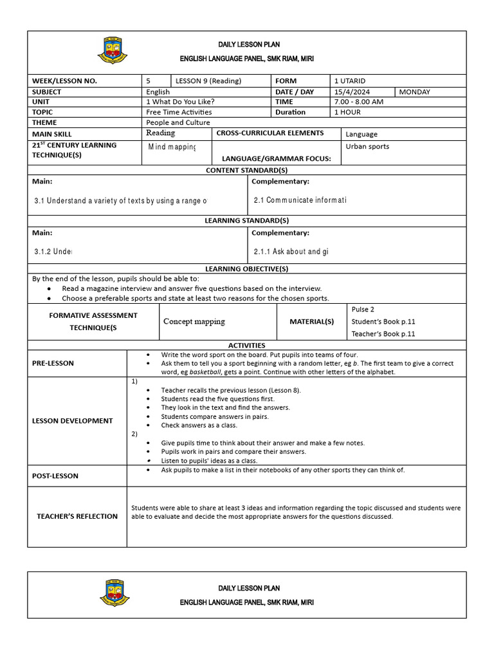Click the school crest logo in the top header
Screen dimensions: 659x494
(113, 50)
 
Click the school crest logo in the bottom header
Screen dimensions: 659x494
(114, 593)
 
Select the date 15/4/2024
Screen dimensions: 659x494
(352, 92)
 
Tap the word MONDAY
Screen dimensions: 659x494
(415, 92)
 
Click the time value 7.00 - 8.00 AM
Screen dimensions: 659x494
(359, 102)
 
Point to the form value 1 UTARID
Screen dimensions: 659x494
(350, 81)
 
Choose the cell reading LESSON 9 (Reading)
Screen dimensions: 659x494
(206, 81)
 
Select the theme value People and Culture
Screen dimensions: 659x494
(178, 122)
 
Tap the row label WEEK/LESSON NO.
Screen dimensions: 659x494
(64, 81)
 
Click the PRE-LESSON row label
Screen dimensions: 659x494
(53, 363)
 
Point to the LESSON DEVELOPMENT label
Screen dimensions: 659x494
(73, 421)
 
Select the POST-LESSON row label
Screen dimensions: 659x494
(55, 476)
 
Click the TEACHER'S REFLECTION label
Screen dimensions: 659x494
(77, 516)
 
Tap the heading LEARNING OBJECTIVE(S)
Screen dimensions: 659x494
(246, 268)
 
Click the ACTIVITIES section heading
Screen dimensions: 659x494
(246, 346)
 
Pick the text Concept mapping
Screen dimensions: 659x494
(194, 321)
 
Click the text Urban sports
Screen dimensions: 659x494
(367, 146)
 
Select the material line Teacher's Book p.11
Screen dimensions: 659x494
(383, 333)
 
